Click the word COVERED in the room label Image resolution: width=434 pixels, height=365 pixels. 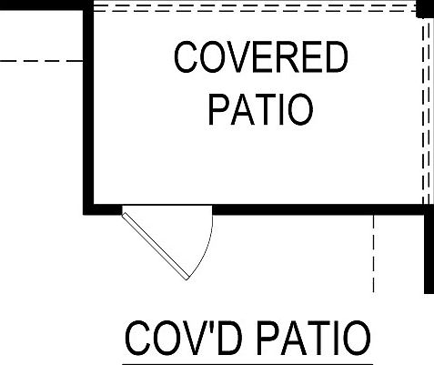click(261, 57)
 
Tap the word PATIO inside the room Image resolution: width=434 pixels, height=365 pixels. click(260, 109)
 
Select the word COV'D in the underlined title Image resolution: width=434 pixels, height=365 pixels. click(184, 339)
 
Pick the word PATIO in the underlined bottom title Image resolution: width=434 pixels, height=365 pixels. click(314, 339)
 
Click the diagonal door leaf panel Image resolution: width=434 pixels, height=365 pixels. click(156, 246)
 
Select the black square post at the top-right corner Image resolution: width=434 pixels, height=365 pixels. click(425, 9)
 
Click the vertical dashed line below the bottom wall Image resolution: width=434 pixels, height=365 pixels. click(373, 253)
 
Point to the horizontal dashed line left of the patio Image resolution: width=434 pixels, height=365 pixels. click(42, 61)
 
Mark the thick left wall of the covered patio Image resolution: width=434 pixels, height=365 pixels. click(88, 107)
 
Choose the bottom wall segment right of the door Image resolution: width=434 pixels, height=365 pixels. click(323, 209)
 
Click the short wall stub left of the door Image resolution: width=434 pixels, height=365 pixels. click(103, 209)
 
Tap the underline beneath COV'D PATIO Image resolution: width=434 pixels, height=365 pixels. click(247, 363)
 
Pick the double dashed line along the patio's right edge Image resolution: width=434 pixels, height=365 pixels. click(426, 111)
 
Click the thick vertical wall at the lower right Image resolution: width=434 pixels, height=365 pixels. click(429, 248)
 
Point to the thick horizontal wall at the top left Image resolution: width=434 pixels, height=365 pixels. click(42, 5)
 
